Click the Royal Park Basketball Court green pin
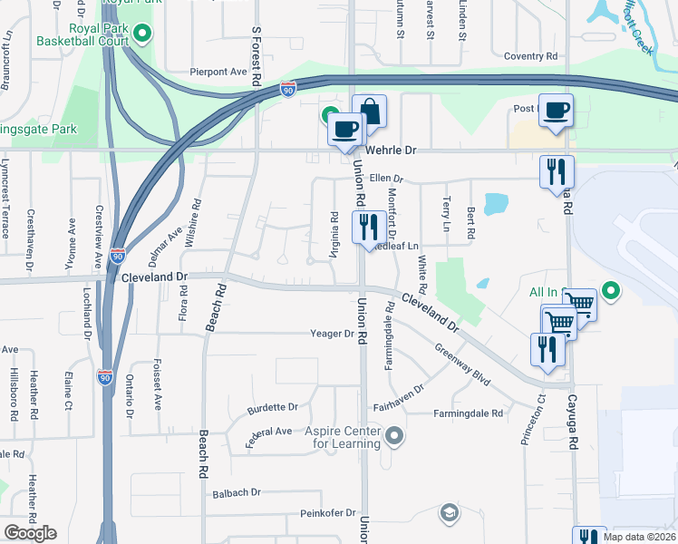coord(142,35)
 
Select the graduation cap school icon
coord(448,514)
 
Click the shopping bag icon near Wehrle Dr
coord(370,112)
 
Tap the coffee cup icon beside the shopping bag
coord(344,128)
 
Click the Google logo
coord(30,533)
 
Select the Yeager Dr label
coord(333,334)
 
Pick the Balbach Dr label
coord(237,492)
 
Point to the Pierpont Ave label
coord(218,71)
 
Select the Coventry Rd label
coord(530,55)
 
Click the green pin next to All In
coord(612,291)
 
